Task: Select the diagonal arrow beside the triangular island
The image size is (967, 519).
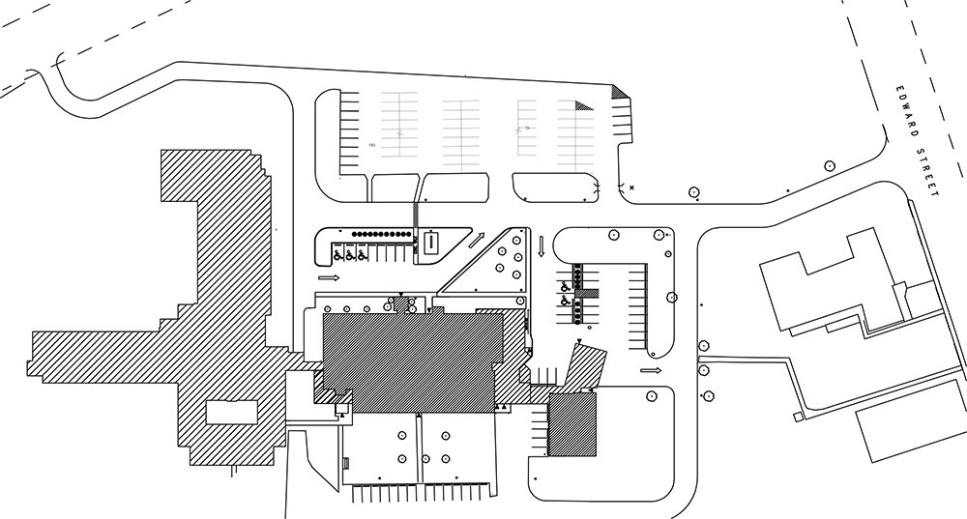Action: coord(478,240)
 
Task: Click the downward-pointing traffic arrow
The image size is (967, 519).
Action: coord(541,245)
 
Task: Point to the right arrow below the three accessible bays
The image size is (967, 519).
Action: coord(330,278)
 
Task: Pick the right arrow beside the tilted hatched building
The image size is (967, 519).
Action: coord(651,370)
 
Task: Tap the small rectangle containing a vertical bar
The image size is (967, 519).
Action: coord(431,243)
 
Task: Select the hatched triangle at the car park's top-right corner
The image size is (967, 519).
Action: coord(620,92)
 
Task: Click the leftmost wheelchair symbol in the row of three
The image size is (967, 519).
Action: coord(337,254)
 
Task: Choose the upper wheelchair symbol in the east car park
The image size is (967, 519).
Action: coord(566,287)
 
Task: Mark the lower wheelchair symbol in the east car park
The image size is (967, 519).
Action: coord(566,301)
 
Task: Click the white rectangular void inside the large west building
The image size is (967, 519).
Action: coord(231,412)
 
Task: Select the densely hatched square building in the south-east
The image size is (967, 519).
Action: coord(572,424)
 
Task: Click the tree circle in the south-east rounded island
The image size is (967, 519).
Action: coord(651,395)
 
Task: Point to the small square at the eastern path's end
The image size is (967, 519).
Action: coord(798,418)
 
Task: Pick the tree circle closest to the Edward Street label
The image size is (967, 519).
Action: coord(830,165)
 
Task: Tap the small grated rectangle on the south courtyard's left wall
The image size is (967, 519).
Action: coord(346,462)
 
